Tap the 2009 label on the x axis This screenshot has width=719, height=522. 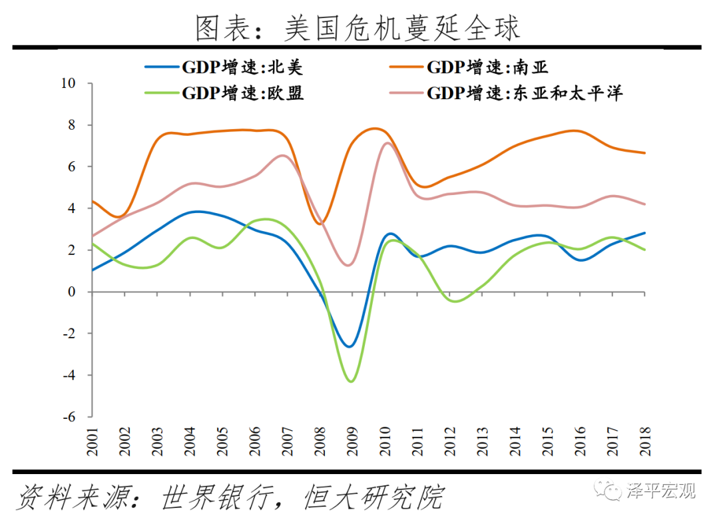pos(352,441)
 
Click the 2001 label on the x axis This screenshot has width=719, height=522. pos(92,441)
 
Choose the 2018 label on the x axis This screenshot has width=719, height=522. pos(644,441)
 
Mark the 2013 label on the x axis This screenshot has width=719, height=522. pos(482,441)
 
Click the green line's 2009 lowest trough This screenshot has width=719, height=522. pos(351,381)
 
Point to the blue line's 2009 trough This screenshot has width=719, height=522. pos(350,346)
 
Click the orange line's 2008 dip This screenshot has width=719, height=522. pos(320,224)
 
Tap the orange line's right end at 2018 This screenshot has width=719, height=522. pos(644,153)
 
